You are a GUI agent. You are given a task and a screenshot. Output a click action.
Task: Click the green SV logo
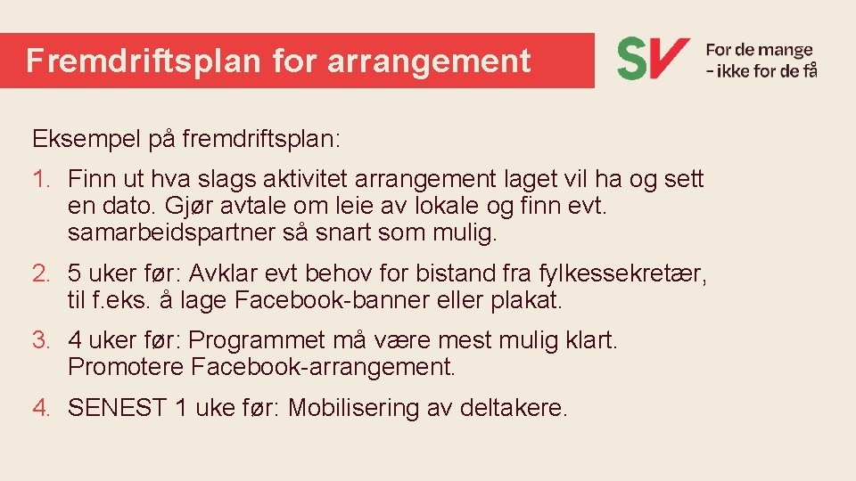[653, 58]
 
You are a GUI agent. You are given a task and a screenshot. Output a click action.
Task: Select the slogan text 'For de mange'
[759, 51]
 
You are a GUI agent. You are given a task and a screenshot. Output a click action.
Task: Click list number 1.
[41, 179]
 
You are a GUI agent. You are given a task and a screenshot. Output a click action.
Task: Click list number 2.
[41, 272]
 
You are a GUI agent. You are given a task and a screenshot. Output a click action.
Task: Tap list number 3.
[41, 339]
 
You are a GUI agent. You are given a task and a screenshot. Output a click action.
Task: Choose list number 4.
[41, 408]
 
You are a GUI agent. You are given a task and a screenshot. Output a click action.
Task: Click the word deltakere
[513, 408]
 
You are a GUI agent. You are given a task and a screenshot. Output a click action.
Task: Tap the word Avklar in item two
[238, 272]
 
